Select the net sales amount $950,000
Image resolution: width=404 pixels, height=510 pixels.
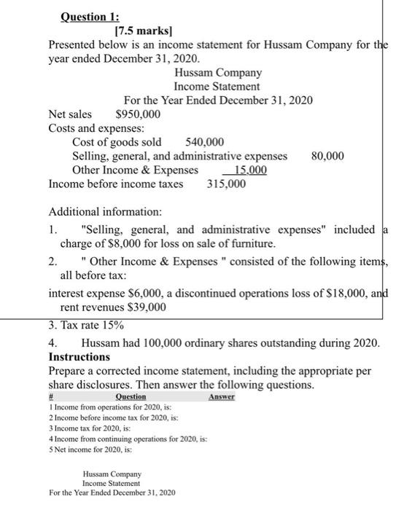138,114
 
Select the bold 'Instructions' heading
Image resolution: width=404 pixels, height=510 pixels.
79,357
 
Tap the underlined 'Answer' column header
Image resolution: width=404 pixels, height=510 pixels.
221,398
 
